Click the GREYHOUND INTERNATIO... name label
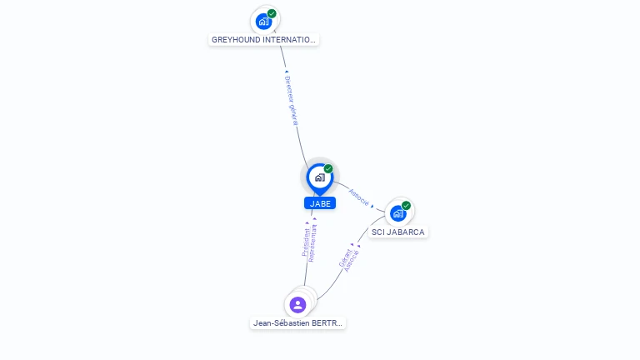click(x=263, y=39)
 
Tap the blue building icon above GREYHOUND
click(x=264, y=22)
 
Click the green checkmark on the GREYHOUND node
click(x=272, y=13)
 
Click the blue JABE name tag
click(x=320, y=203)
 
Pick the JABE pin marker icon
click(x=319, y=177)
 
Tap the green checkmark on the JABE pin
click(x=328, y=169)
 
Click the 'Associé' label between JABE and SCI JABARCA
click(x=359, y=196)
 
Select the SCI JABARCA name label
click(x=398, y=232)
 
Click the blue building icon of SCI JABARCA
click(x=398, y=213)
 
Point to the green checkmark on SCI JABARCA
click(x=406, y=206)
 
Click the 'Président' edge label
click(x=306, y=242)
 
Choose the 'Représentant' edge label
click(x=313, y=243)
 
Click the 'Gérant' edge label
click(x=344, y=258)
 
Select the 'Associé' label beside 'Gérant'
click(x=352, y=261)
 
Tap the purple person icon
click(x=298, y=305)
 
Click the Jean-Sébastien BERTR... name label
click(x=297, y=323)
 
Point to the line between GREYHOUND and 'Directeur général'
click(x=282, y=58)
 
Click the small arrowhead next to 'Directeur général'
click(x=287, y=72)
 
